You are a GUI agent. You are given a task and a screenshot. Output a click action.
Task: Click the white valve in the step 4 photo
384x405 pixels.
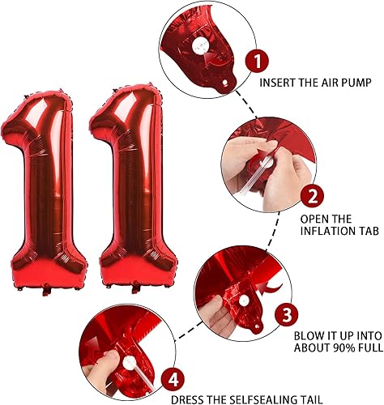pyautogui.click(x=129, y=355)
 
